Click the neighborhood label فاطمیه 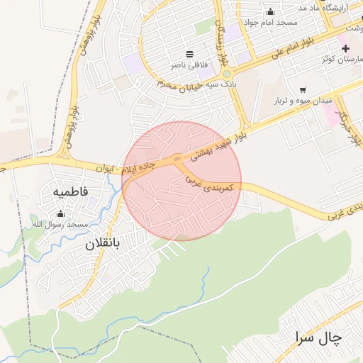click(x=69, y=192)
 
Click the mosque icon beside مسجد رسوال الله click(x=60, y=213)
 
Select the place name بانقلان click(x=104, y=244)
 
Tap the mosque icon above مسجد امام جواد click(x=270, y=11)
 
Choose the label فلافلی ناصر click(x=189, y=65)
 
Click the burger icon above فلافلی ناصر click(x=190, y=54)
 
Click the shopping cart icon click(x=303, y=90)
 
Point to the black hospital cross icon click(x=345, y=48)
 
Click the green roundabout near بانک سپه click(x=226, y=74)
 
